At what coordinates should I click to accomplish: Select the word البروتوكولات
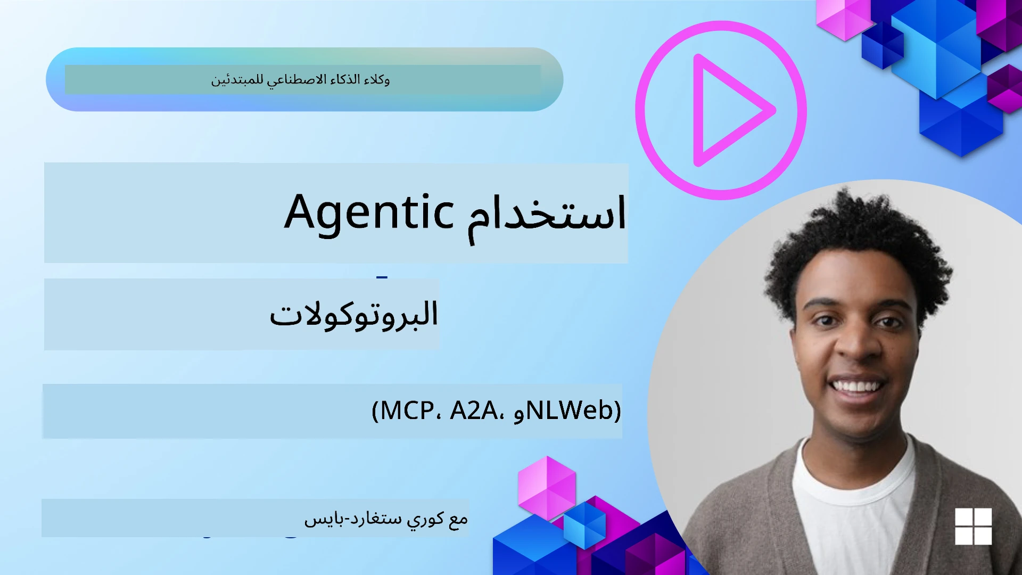tap(353, 314)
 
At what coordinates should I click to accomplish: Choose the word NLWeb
tap(570, 410)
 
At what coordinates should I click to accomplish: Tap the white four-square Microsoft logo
tap(973, 526)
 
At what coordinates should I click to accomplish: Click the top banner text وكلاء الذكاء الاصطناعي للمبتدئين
tap(301, 80)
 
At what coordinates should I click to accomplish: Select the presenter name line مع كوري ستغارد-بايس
tap(386, 518)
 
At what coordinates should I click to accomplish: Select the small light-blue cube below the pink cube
tap(584, 524)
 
